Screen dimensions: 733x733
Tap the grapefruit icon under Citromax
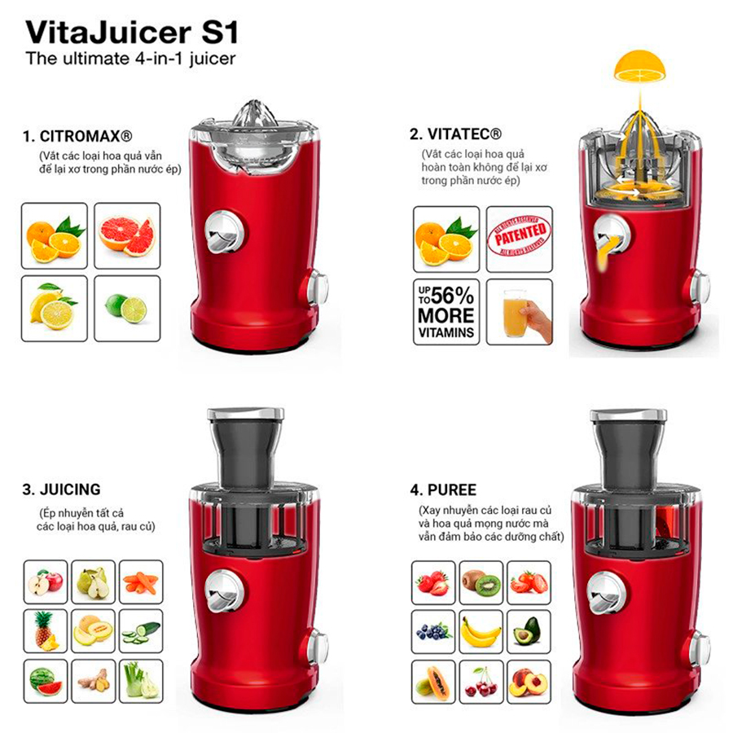126,235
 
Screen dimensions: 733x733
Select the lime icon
126,307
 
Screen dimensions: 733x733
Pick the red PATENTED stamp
519,239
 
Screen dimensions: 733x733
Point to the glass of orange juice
519,312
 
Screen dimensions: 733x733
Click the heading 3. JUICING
62,489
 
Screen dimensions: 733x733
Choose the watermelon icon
44,681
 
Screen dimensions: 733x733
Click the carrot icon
140,582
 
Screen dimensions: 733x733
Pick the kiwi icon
481,582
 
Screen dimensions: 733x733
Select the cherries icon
481,681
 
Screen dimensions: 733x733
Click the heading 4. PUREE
444,489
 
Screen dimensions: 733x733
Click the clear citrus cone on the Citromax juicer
254,114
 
